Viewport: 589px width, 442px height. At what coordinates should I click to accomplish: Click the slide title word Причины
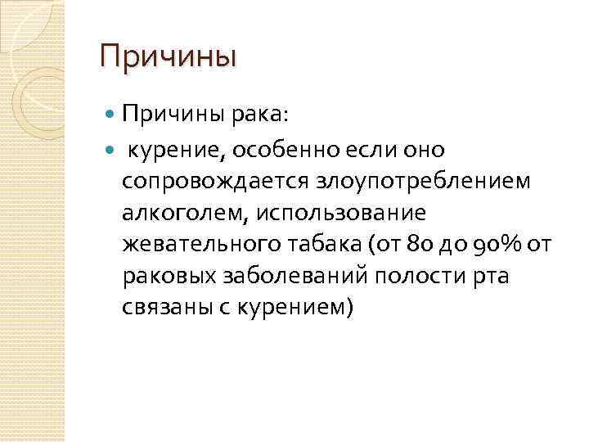[168, 57]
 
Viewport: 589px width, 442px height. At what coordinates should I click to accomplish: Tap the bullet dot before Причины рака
[113, 115]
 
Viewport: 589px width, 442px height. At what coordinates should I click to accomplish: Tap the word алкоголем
[186, 212]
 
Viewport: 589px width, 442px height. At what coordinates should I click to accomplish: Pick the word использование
[343, 212]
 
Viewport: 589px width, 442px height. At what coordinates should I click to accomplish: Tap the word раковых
[169, 276]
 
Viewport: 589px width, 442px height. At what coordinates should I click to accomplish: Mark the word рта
[490, 276]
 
